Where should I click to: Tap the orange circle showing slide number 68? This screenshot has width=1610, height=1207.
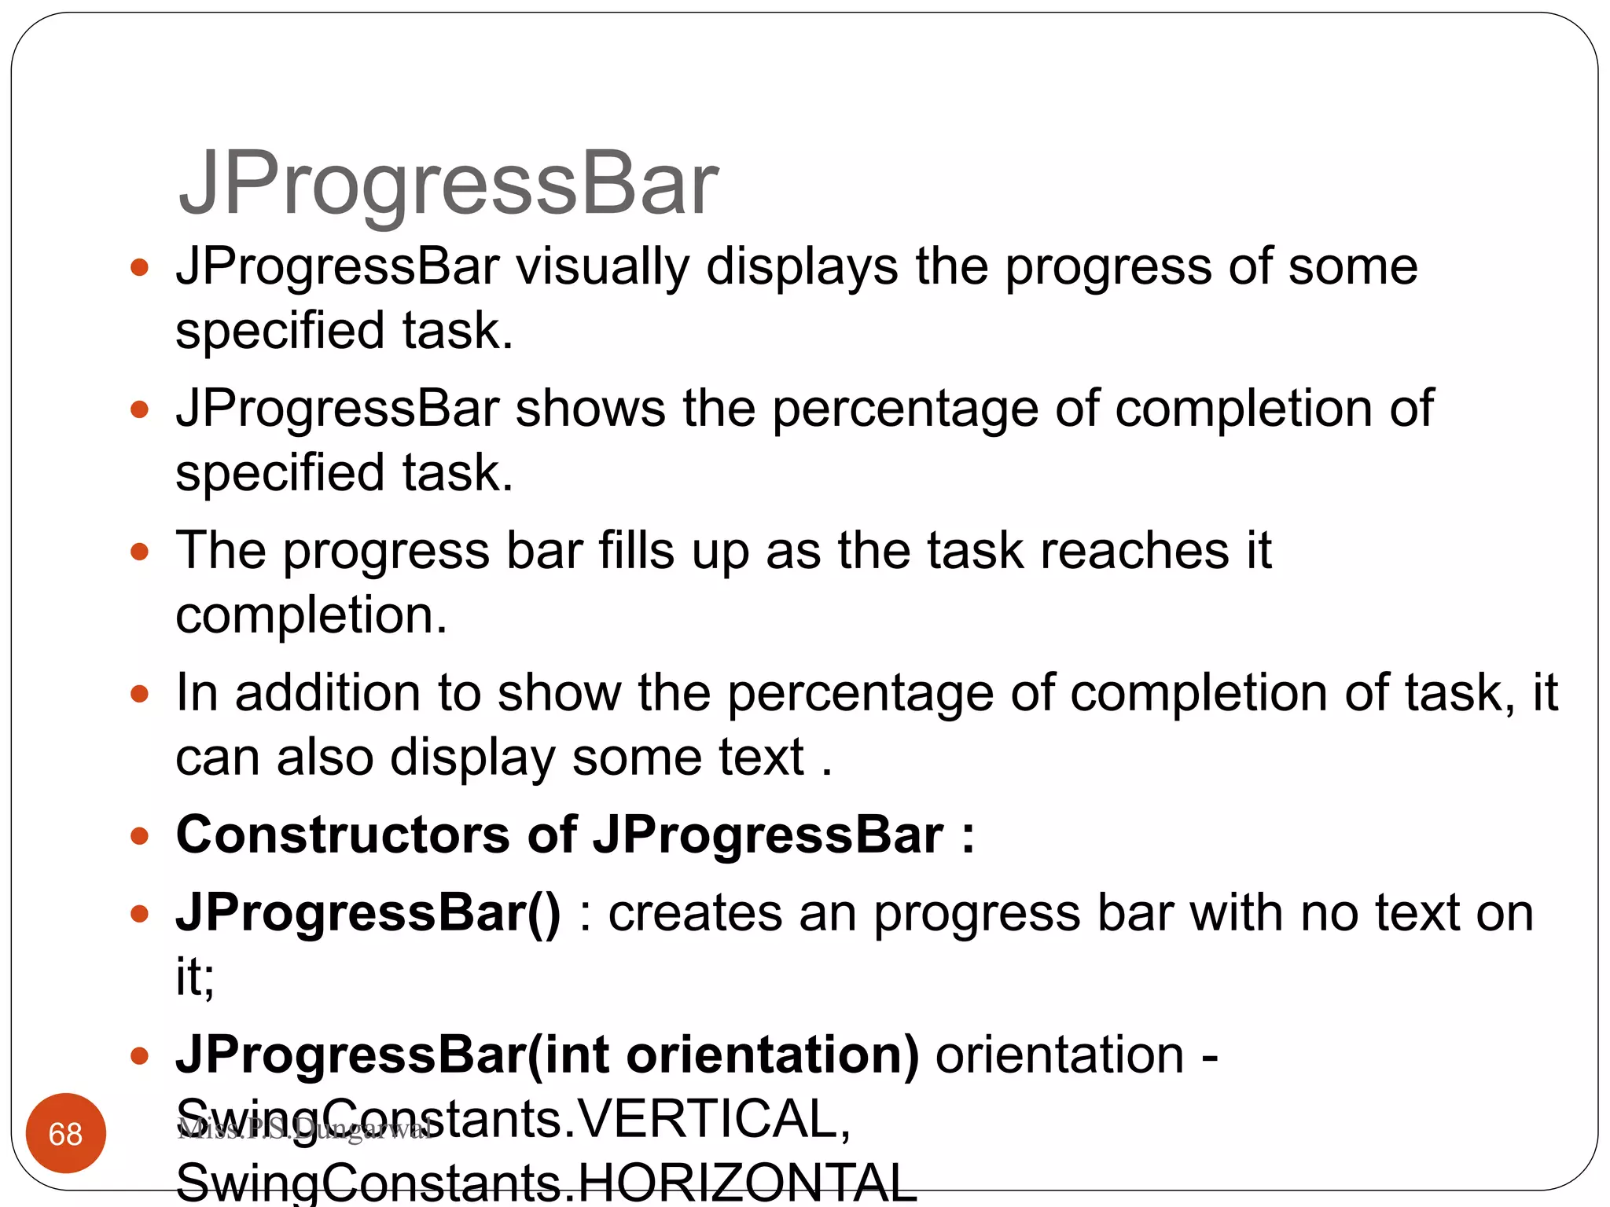click(x=66, y=1133)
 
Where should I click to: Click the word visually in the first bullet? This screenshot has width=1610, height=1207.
click(x=601, y=267)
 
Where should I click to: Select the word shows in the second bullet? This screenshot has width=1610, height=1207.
click(x=590, y=409)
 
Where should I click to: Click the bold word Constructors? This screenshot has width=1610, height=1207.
click(x=343, y=835)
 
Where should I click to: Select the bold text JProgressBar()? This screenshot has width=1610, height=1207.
click(x=368, y=913)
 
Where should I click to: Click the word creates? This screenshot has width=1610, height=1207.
click(x=695, y=913)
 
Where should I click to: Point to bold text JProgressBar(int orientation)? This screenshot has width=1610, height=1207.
click(x=547, y=1055)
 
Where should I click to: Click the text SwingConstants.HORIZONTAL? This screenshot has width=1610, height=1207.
click(x=546, y=1183)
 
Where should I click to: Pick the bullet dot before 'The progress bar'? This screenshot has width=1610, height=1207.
click(x=140, y=552)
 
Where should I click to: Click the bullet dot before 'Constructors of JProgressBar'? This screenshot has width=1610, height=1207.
click(x=140, y=836)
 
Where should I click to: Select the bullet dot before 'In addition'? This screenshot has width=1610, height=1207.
click(x=140, y=694)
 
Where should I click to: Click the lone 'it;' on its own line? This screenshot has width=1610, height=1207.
click(x=195, y=977)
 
